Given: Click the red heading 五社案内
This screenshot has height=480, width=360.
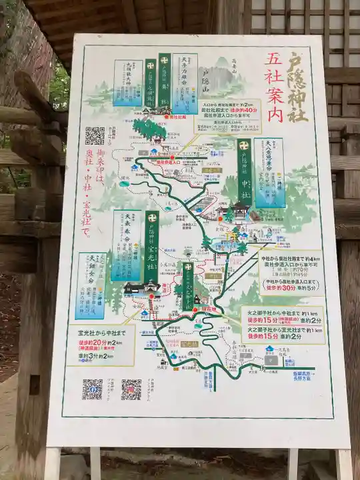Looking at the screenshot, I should tap(273, 87).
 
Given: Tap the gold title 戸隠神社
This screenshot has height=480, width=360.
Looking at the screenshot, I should tap(297, 87).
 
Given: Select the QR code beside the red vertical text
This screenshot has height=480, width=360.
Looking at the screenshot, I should tap(95, 136).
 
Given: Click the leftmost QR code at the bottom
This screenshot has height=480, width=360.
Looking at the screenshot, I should tap(92, 389).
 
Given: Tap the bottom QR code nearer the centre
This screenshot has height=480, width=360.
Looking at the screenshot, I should tap(131, 389).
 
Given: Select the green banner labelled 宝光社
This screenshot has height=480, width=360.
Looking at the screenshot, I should tap(152, 247).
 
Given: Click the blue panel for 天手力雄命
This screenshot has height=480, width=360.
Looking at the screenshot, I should tap(185, 83).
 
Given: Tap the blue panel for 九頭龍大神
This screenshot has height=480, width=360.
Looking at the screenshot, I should tap(127, 83).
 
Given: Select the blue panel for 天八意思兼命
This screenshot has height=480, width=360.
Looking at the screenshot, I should tap(269, 173).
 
